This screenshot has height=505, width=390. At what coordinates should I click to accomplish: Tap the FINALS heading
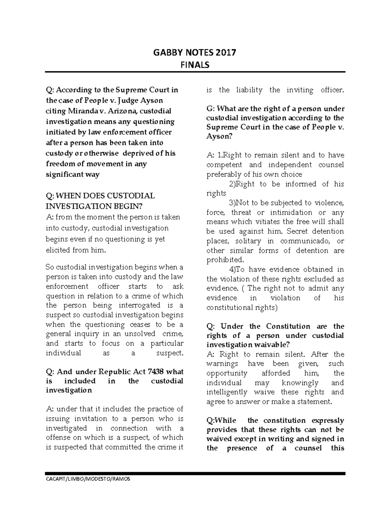(195, 65)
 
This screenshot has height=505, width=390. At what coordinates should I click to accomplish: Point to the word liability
(249, 90)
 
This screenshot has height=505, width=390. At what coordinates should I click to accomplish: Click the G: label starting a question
(210, 108)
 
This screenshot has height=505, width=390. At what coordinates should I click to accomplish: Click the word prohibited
(225, 260)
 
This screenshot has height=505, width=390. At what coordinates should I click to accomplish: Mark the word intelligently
(227, 392)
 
